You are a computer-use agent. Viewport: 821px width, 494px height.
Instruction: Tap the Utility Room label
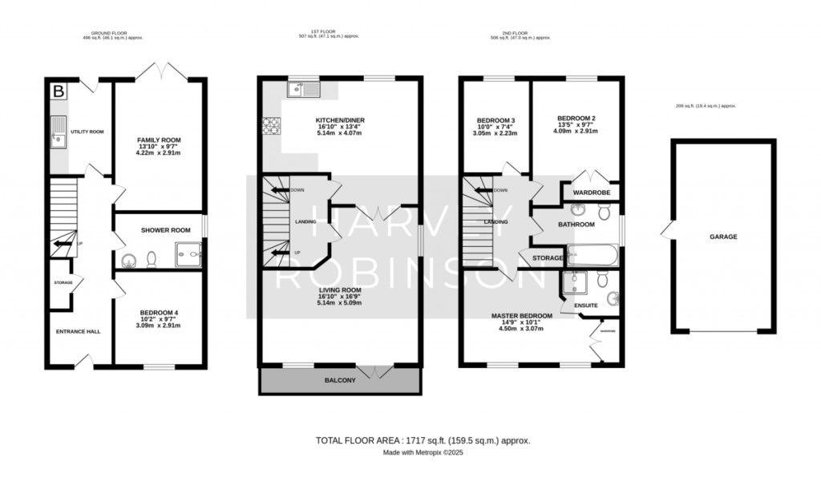click(88, 132)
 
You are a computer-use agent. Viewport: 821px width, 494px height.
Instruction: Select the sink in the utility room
click(59, 132)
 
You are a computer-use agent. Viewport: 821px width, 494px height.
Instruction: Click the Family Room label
click(160, 140)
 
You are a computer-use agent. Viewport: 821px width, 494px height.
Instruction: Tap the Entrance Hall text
click(78, 331)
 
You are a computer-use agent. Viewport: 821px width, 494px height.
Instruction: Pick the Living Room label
click(339, 290)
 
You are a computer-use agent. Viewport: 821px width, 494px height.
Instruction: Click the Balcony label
click(339, 380)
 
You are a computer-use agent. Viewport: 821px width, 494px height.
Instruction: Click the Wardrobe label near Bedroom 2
click(591, 193)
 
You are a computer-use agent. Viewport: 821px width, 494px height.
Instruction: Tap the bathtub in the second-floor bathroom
click(592, 257)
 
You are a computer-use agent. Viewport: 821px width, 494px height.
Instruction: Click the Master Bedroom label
click(522, 316)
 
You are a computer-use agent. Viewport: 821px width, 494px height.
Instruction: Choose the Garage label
click(722, 237)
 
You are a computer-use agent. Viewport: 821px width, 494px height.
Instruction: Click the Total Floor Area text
click(423, 440)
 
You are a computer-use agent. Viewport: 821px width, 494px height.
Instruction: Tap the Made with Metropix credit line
click(423, 453)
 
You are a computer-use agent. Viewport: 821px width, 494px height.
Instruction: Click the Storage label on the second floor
click(548, 257)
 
